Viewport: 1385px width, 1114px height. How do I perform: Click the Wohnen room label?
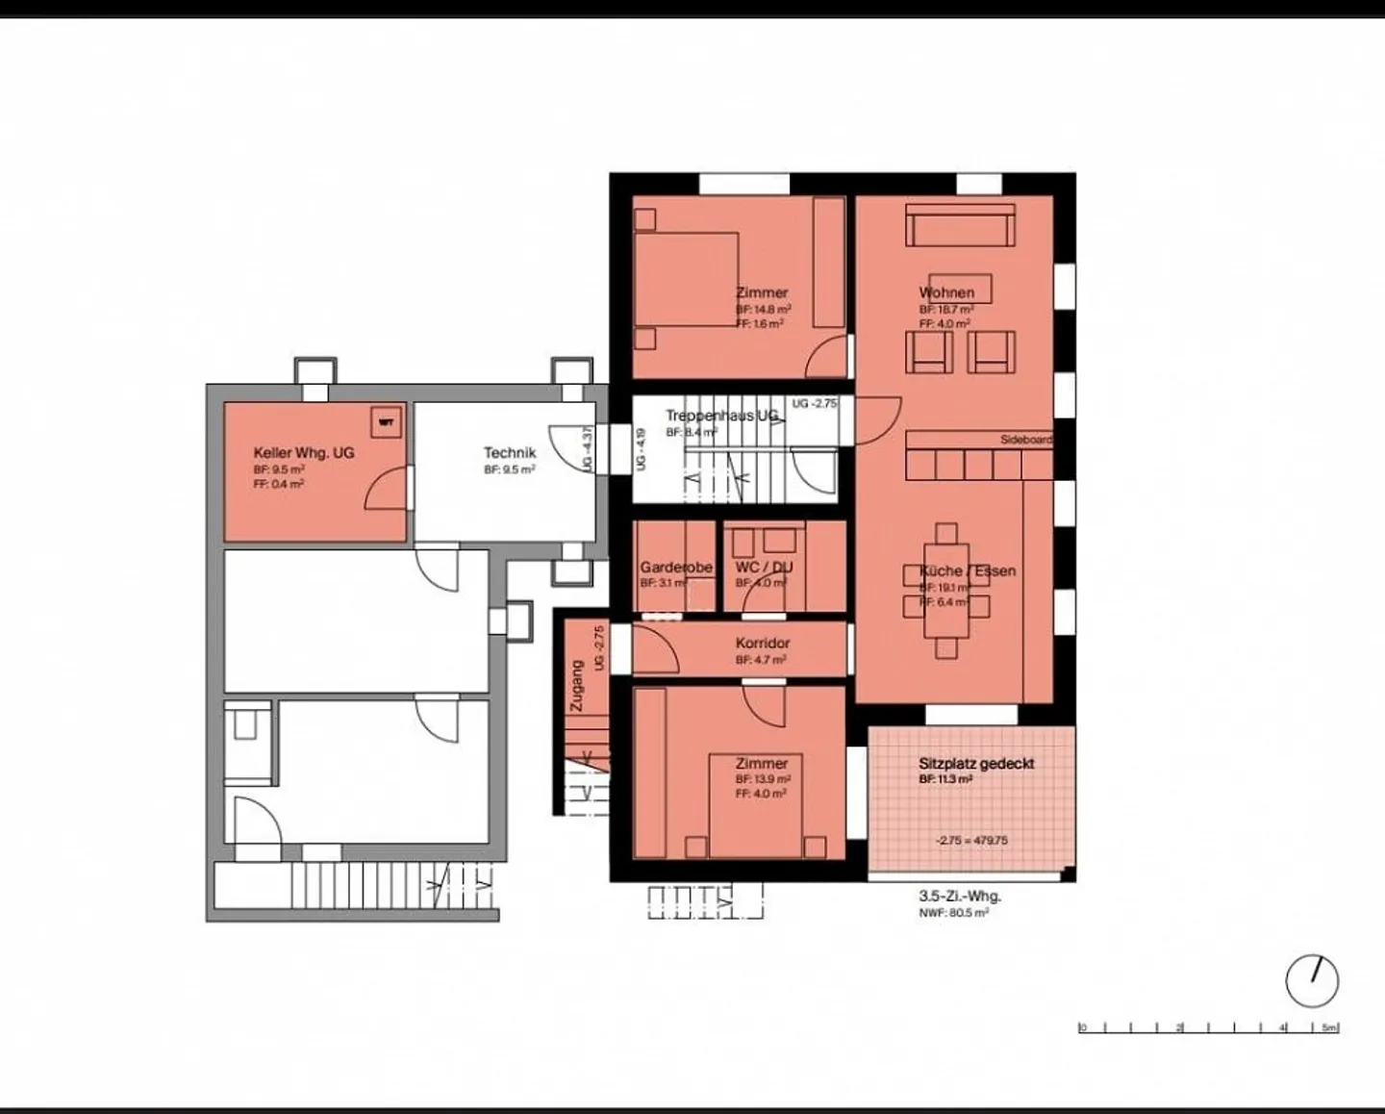(946, 292)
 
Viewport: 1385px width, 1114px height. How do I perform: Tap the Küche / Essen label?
(967, 570)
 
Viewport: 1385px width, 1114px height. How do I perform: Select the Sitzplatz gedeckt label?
(976, 764)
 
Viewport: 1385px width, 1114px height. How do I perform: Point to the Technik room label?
(509, 453)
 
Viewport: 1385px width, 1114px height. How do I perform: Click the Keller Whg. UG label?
(304, 453)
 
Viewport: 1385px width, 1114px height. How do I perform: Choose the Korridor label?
(762, 644)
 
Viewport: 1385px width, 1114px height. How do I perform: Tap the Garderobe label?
(676, 568)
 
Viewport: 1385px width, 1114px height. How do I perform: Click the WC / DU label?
(764, 568)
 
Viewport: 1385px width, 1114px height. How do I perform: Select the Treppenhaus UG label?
(721, 417)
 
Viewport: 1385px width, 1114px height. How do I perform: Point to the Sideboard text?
(1025, 440)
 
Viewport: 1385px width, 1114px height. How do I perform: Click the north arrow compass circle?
(1312, 981)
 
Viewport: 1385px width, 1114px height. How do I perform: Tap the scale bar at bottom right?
(1208, 1027)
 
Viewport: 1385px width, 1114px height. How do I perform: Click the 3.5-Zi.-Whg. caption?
(959, 896)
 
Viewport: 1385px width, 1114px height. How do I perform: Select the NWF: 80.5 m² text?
(953, 912)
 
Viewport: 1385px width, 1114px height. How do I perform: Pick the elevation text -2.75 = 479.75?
(971, 840)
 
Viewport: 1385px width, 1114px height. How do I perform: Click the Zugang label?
(576, 685)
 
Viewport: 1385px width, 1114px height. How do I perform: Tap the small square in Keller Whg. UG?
(386, 421)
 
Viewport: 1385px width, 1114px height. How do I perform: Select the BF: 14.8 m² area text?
(764, 310)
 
